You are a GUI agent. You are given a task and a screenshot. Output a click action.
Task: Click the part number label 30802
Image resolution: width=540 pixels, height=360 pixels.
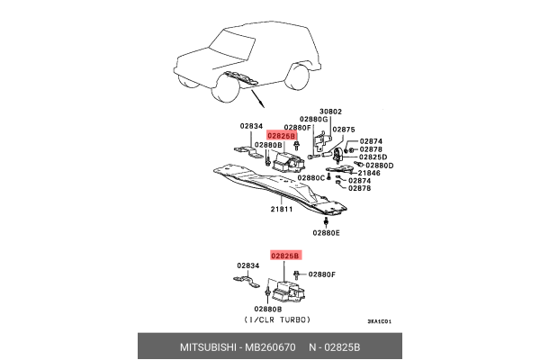point(331,111)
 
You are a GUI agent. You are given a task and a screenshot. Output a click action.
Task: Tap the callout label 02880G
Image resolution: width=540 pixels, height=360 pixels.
point(314,119)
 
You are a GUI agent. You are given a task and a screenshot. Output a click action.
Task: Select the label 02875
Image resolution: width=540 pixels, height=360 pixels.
point(344,129)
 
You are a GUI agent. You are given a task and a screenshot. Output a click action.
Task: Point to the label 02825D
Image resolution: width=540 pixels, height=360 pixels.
point(373,157)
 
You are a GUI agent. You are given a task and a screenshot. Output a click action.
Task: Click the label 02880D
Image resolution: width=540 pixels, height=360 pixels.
point(379,165)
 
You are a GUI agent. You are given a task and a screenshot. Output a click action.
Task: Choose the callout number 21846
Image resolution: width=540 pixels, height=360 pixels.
point(369,173)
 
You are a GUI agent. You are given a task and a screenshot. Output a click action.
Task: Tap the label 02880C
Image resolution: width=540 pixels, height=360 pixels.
point(311,177)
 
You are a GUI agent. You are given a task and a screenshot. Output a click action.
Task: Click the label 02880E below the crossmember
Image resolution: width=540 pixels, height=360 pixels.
point(327,233)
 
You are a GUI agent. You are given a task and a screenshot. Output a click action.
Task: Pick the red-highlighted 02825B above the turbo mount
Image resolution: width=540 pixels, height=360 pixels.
point(285,256)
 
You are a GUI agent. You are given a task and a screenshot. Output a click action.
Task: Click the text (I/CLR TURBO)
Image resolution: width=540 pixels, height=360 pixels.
point(275,320)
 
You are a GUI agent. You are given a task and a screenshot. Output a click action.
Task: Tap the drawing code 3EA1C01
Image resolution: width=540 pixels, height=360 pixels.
point(380,321)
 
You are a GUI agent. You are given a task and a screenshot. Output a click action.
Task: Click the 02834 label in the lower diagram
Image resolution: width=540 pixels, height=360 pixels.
point(249,265)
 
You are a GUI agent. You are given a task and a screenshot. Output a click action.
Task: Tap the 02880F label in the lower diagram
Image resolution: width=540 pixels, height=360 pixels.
point(322,274)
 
